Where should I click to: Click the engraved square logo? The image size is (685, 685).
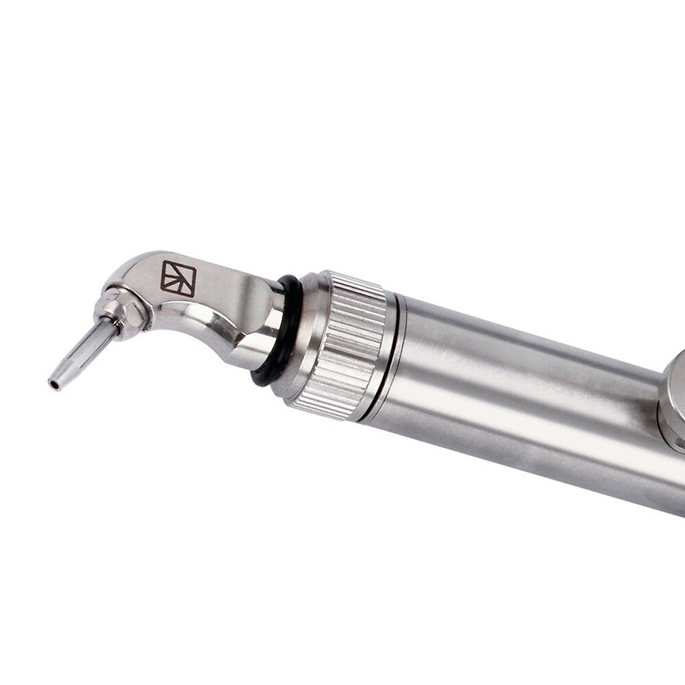[x=178, y=278]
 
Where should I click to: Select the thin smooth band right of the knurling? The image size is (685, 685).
[x=393, y=356]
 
